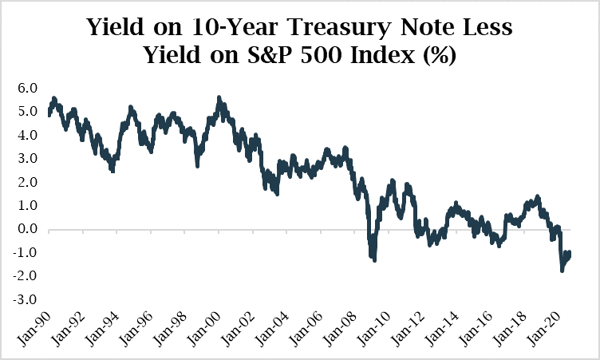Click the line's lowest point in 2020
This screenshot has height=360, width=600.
562,271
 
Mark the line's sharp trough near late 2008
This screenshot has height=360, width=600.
373,259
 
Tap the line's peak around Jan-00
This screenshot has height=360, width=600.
219,98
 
